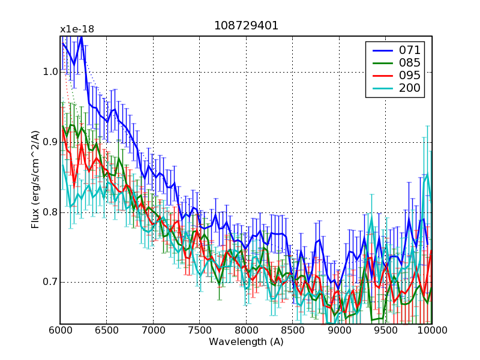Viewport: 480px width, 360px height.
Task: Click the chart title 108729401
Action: pyautogui.click(x=246, y=26)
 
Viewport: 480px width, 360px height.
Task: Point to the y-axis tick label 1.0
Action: pyautogui.click(x=50, y=72)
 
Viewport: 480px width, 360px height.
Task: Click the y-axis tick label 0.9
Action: pyautogui.click(x=50, y=142)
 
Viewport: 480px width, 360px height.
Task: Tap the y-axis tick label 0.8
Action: pyautogui.click(x=50, y=212)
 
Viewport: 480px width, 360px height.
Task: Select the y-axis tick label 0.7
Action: pyautogui.click(x=50, y=283)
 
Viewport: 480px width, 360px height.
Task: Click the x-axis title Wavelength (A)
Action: pyautogui.click(x=246, y=342)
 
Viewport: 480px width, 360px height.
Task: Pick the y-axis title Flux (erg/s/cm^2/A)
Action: pyautogui.click(x=36, y=180)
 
